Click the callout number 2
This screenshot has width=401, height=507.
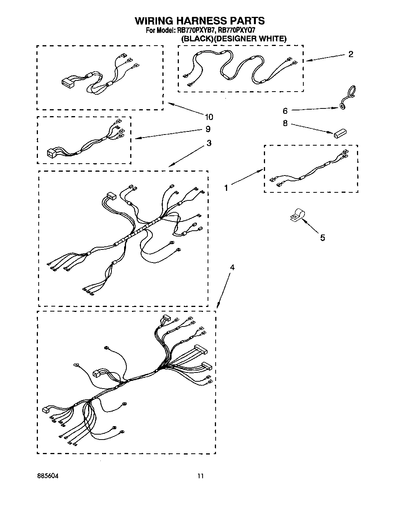350,54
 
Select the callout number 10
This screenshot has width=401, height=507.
209,117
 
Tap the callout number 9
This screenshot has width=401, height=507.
208,129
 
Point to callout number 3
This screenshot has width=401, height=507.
209,143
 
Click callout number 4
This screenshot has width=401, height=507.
232,267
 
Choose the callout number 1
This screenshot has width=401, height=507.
226,188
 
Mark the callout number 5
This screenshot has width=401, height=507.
322,238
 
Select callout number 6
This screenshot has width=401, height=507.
285,111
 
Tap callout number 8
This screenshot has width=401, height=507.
285,124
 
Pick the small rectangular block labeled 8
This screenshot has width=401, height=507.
340,133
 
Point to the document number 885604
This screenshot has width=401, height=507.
48,476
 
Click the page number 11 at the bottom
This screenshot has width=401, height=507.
200,476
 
